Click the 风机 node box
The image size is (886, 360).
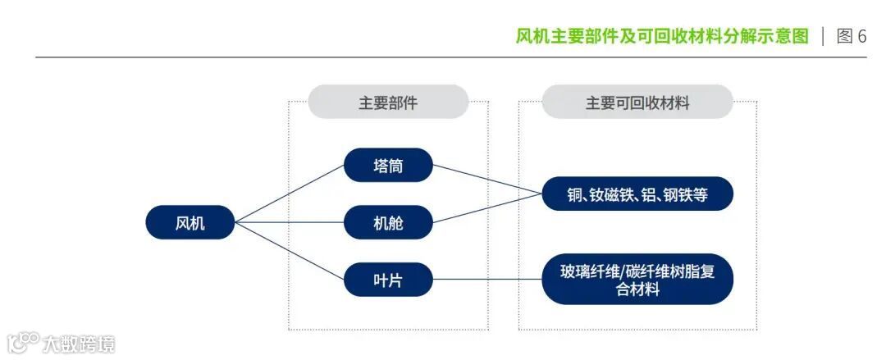coord(190,222)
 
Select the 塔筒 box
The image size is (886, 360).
coord(388,165)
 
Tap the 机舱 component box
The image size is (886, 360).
coord(388,222)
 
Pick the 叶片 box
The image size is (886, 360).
coord(388,280)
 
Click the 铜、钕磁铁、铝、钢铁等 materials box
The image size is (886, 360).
coord(637,194)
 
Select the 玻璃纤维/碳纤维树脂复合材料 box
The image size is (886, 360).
coord(637,279)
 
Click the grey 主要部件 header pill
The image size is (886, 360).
coord(388,103)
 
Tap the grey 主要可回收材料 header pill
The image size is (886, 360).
coord(637,103)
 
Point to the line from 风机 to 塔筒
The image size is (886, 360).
coord(290,194)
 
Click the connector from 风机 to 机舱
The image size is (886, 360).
coord(290,222)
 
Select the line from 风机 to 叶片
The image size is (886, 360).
coord(290,251)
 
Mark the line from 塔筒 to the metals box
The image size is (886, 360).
coord(487,180)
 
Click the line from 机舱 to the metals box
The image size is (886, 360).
coord(487,208)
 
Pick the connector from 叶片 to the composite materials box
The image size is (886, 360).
coord(487,280)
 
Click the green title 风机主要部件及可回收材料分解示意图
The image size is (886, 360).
coord(661,36)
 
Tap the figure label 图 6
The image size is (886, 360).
coord(851,36)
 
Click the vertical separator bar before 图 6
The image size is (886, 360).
coord(823,36)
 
